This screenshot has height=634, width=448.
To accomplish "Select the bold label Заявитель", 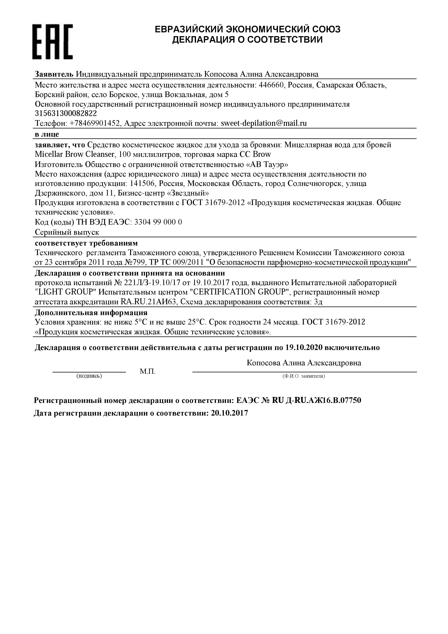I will click(x=54, y=74).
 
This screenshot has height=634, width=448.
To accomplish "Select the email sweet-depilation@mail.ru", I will click(x=264, y=123).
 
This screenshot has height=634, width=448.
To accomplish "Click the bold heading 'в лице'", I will click(x=47, y=134).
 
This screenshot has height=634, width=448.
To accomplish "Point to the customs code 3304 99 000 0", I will click(x=158, y=222).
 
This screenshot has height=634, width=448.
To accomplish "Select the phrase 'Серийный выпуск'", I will click(x=67, y=232).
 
